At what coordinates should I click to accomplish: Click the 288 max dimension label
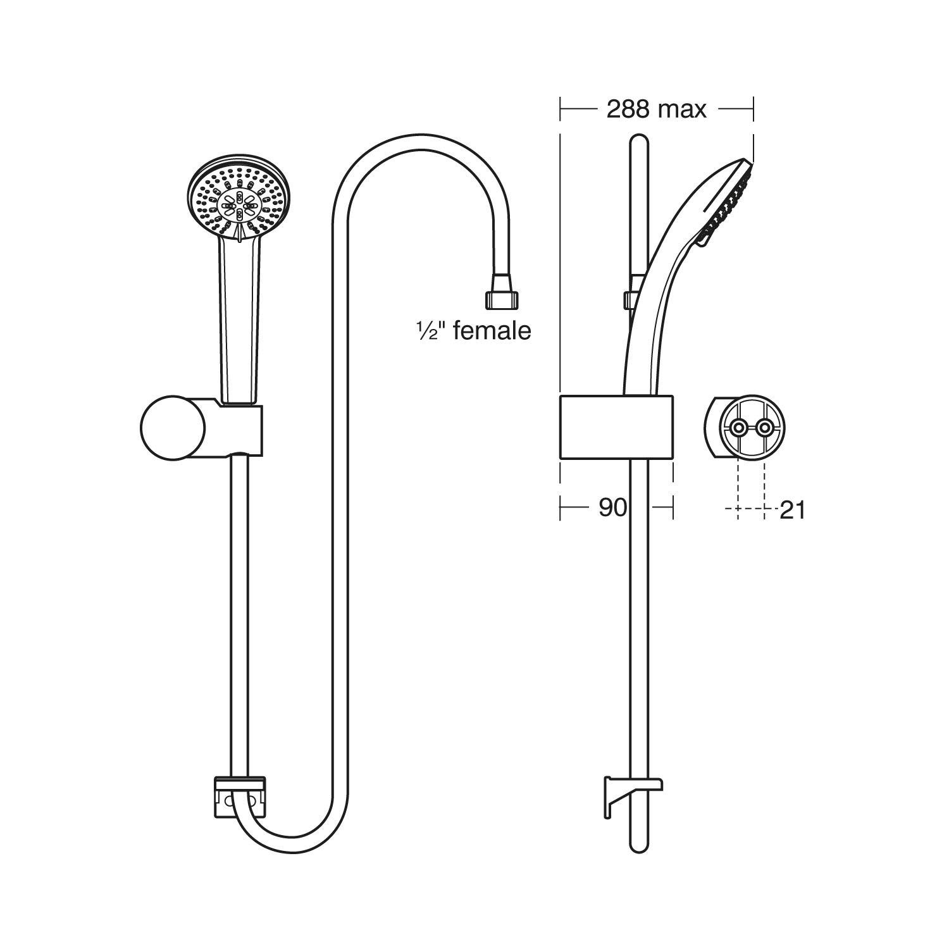click(656, 109)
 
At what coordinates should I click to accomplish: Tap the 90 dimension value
click(612, 507)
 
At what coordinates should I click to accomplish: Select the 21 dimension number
click(792, 510)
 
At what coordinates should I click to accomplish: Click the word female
click(492, 331)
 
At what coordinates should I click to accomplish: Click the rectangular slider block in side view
click(616, 427)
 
